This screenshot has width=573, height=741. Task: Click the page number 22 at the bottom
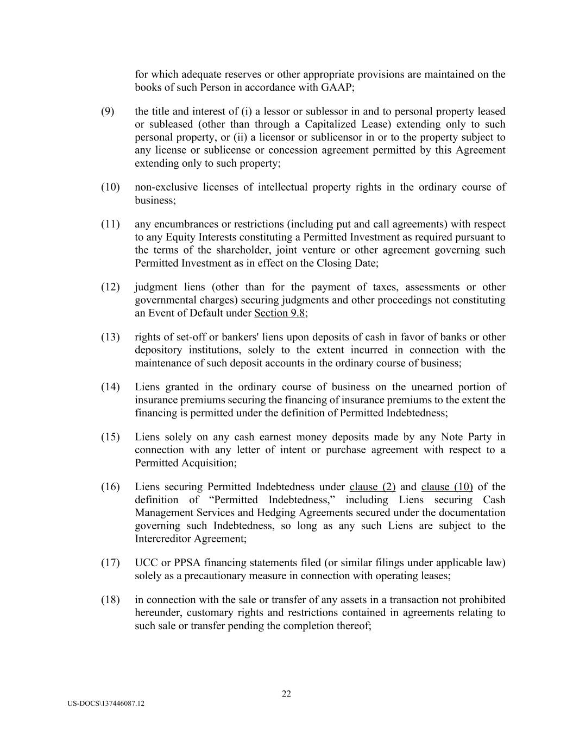tap(286, 693)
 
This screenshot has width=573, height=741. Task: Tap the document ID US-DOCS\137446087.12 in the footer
tap(106, 704)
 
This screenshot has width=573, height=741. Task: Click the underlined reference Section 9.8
tap(279, 313)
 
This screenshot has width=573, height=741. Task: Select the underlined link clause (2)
tap(372, 487)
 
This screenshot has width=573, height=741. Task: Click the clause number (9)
tap(108, 111)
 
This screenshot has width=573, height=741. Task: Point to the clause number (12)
tap(110, 287)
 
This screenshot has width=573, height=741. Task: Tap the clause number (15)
tap(110, 437)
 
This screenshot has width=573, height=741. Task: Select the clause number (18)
tap(110, 600)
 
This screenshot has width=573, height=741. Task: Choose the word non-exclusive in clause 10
tap(165, 187)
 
